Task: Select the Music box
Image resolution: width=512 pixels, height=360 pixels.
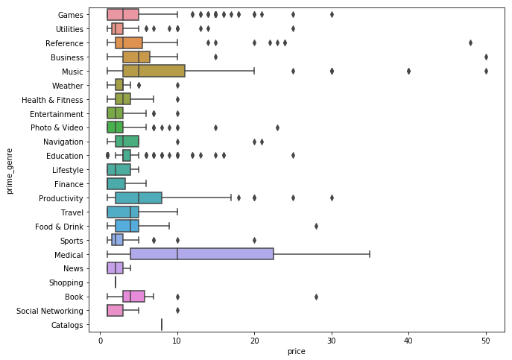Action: [154, 71]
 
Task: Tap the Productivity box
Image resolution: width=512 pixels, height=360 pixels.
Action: [139, 198]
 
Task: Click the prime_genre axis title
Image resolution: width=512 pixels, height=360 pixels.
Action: [10, 169]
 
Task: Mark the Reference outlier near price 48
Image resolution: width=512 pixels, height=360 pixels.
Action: [470, 42]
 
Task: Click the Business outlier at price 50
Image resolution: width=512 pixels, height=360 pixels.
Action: [486, 57]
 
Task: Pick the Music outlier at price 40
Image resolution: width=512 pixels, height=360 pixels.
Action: [408, 71]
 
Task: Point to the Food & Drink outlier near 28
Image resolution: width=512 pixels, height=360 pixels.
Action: [316, 226]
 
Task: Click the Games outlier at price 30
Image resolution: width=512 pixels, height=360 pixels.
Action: [332, 14]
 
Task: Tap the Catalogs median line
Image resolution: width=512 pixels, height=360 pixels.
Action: [162, 324]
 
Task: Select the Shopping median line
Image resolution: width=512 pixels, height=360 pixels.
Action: [116, 282]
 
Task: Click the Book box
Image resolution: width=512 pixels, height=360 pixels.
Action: [133, 296]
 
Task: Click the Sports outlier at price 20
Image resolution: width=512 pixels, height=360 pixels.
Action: [254, 240]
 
